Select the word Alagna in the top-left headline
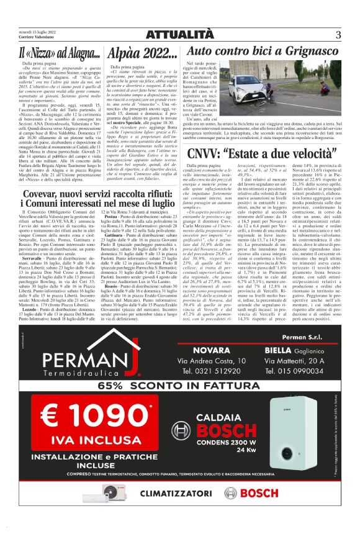point(79,52)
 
